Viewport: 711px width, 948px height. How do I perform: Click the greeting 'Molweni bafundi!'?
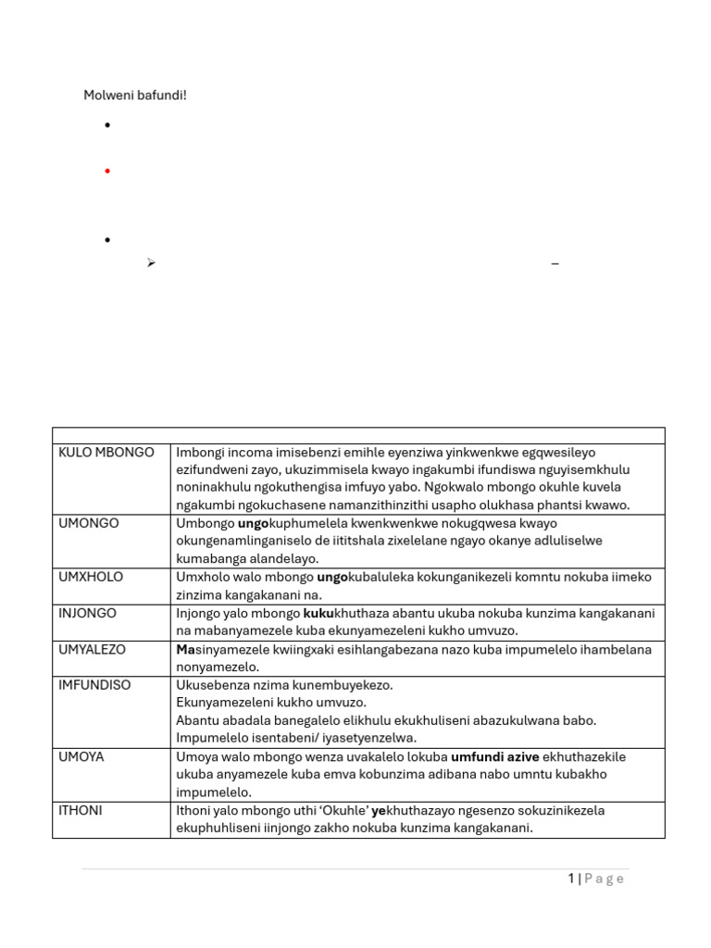click(x=135, y=95)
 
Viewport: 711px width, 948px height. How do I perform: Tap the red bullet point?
click(x=108, y=171)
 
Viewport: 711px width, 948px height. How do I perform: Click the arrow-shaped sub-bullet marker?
click(x=150, y=264)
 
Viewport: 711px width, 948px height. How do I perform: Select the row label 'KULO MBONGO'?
click(x=106, y=452)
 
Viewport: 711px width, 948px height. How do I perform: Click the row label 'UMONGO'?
click(x=89, y=523)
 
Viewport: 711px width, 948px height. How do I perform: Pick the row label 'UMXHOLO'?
click(x=91, y=577)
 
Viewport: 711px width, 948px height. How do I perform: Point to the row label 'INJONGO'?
click(x=89, y=613)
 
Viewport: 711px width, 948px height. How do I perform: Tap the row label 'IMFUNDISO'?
click(x=94, y=685)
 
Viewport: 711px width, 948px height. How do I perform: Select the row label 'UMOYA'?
click(x=81, y=756)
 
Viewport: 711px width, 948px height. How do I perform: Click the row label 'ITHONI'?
click(x=81, y=810)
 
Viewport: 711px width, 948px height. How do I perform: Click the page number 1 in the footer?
click(x=571, y=879)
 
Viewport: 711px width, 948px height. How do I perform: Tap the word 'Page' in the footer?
click(x=605, y=879)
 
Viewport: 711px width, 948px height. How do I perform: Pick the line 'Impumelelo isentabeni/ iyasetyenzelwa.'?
click(x=296, y=738)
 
